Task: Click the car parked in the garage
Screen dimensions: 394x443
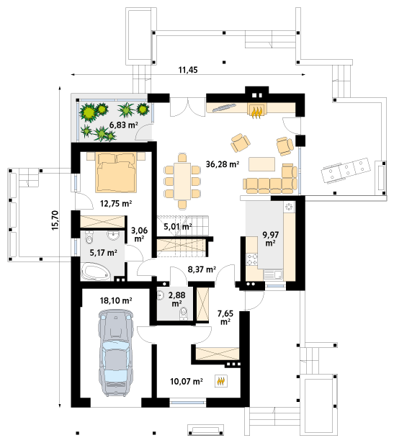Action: pos(116,352)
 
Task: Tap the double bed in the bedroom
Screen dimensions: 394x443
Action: pos(116,172)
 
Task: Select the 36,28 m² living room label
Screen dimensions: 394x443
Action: pos(223,164)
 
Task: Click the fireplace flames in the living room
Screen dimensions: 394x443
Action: pos(256,112)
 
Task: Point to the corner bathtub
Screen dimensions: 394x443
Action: pos(95,272)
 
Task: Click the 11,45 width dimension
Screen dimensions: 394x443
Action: pos(188,69)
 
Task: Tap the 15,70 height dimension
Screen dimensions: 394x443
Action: pos(55,220)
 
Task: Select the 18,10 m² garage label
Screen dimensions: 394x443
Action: pos(116,300)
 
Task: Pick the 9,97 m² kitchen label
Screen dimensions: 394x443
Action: pos(271,238)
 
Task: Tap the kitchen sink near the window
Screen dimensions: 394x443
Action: pos(273,274)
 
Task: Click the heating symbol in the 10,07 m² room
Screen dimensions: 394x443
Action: pos(221,381)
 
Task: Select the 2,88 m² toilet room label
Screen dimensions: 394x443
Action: pos(176,299)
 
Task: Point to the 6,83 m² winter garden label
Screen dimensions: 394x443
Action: pos(123,125)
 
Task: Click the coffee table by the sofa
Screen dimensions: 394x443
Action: pos(261,164)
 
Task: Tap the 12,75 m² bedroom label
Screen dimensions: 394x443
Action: pos(116,203)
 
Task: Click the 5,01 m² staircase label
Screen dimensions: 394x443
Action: pos(178,226)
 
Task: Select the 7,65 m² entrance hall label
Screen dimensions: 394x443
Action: pos(225,317)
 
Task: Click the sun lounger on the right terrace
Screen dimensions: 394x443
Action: pos(346,170)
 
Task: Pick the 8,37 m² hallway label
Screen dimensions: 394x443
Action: pos(202,269)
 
